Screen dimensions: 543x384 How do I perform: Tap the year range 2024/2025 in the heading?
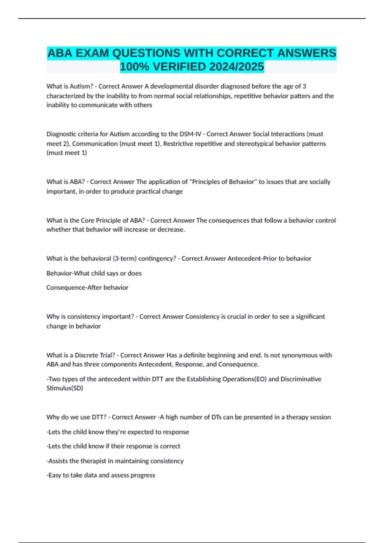[x=236, y=67]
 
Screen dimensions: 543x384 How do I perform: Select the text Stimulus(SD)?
[x=65, y=388]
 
